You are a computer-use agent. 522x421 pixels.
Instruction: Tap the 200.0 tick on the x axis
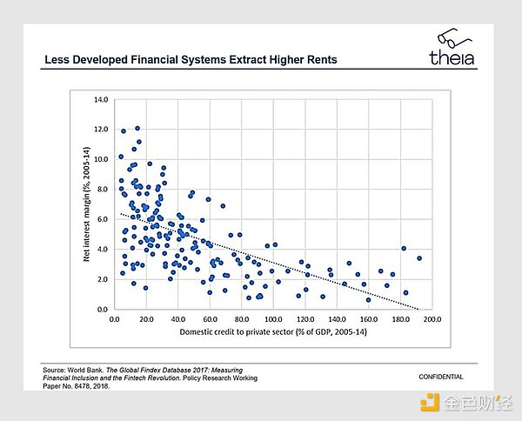[x=432, y=318]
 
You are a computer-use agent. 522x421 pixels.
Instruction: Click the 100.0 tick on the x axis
[x=273, y=318]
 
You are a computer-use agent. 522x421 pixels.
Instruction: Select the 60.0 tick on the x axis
[x=210, y=318]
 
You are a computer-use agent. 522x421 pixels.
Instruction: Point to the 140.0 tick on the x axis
[x=337, y=318]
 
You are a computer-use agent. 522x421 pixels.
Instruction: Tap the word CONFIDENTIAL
[x=441, y=377]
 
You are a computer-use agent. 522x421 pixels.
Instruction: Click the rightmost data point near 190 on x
[x=418, y=258]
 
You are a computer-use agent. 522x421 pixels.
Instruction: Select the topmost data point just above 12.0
[x=137, y=129]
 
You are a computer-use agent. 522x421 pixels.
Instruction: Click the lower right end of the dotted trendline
[x=419, y=309]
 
